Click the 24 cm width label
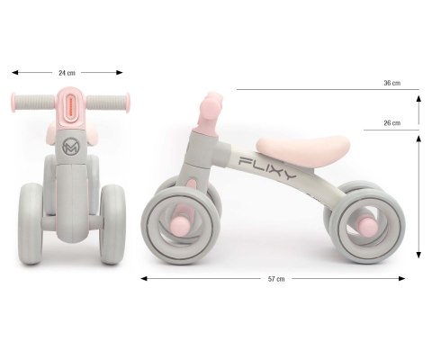click(67, 73)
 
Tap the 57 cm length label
click(276, 279)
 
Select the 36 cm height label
click(392, 83)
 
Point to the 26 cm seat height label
click(392, 122)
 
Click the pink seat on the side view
click(303, 148)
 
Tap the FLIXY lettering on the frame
click(267, 167)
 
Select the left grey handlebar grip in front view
click(34, 103)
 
